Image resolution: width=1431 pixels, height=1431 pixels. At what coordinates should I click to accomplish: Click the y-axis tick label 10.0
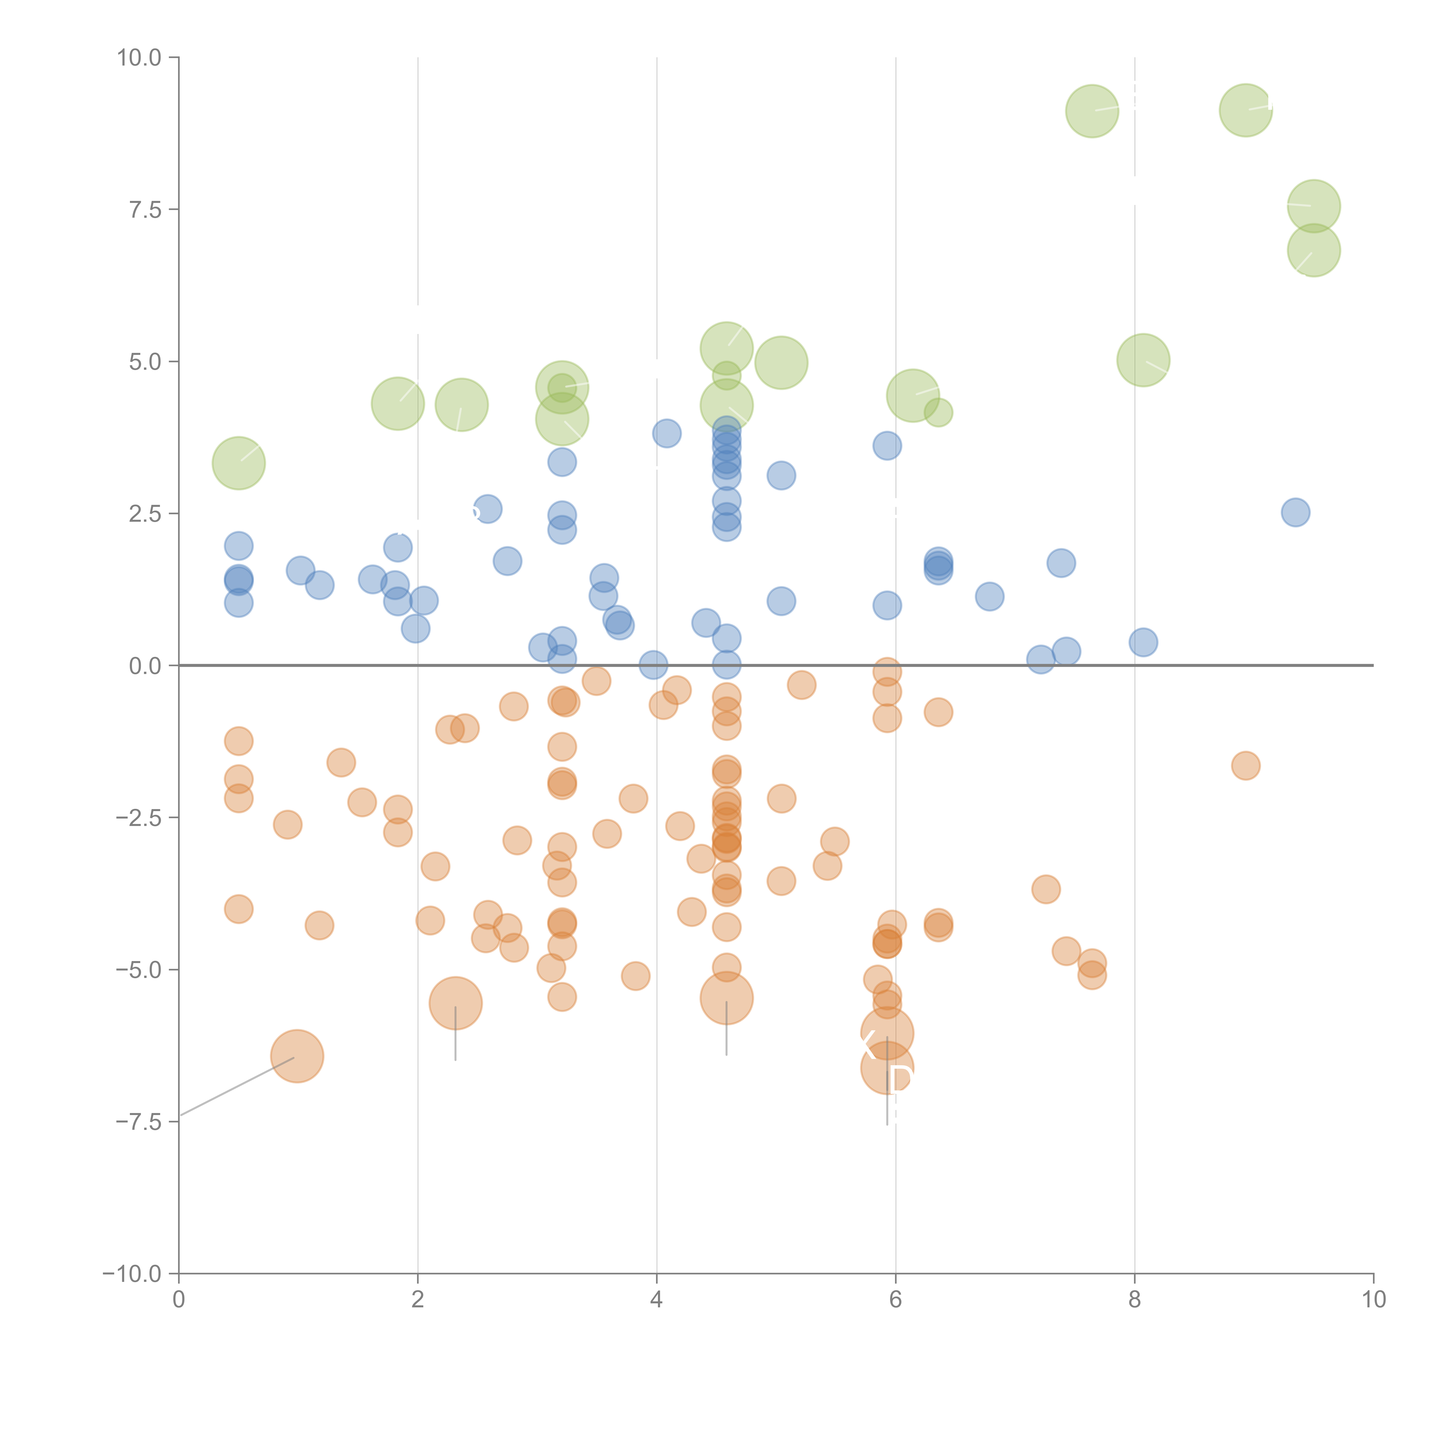(139, 58)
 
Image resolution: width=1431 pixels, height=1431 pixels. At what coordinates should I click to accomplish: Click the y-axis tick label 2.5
(145, 514)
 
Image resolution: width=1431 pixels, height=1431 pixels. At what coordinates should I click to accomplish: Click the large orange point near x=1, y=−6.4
(297, 1056)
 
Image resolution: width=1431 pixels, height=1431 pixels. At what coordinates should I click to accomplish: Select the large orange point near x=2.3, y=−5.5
(456, 1004)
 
